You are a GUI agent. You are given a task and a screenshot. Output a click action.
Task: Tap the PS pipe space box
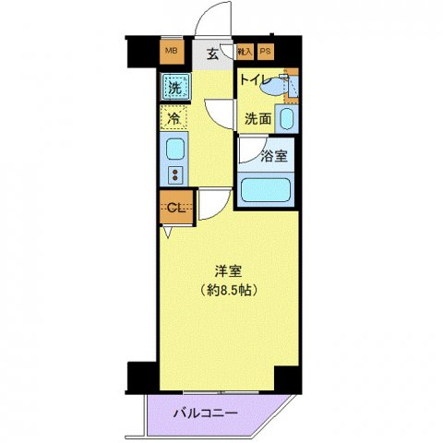[x=266, y=52]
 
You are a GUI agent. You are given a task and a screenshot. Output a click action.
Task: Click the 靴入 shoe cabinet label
[x=245, y=52]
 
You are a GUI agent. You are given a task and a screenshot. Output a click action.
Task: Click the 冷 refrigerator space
[x=172, y=117]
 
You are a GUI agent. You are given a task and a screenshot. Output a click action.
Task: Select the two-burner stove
[x=174, y=173]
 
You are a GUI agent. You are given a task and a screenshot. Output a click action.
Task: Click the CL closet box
[x=174, y=207]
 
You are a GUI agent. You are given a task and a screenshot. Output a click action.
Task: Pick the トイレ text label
[x=255, y=78]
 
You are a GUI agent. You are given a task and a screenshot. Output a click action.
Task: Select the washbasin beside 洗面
[x=287, y=119]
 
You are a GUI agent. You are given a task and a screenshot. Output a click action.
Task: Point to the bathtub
[x=266, y=190]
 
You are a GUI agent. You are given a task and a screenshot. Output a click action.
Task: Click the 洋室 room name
[x=230, y=272]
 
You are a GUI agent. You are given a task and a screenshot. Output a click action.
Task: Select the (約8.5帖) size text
[x=230, y=290]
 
